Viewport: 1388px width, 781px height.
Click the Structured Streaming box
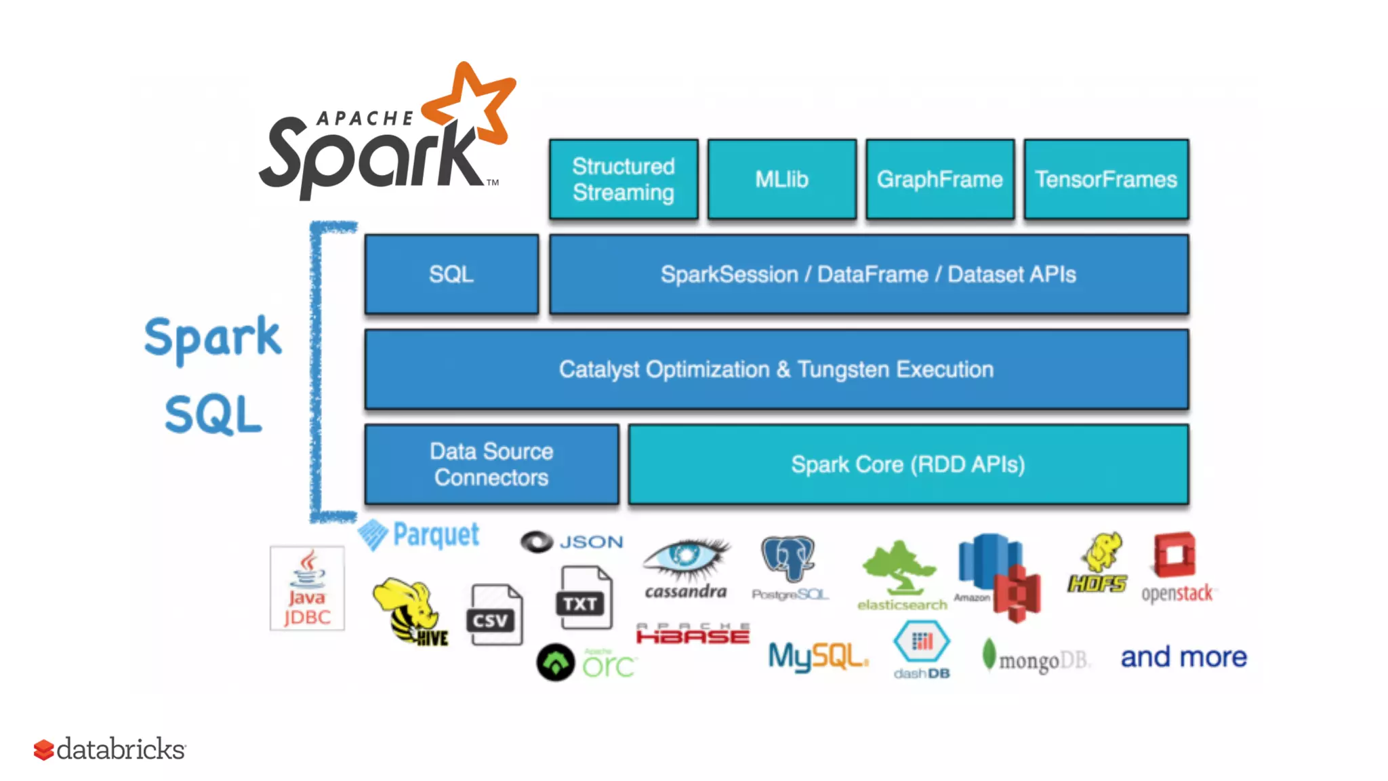coord(623,179)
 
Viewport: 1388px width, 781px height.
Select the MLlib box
coord(781,179)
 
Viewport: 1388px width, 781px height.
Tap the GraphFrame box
coord(939,179)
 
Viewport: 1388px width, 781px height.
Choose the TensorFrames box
coord(1105,179)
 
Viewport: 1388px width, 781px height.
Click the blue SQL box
coord(451,274)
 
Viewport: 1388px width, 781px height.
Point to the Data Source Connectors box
coord(491,464)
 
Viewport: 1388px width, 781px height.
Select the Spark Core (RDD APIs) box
coord(907,464)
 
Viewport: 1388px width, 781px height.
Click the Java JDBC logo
coord(307,588)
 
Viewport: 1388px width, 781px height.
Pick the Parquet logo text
coord(435,535)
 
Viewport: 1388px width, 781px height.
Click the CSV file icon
coord(494,615)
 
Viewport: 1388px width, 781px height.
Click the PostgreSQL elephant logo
coord(788,560)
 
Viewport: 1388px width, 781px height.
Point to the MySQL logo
coord(817,656)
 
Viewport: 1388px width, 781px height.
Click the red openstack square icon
coord(1175,555)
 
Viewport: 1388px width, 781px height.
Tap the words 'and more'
coord(1183,657)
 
